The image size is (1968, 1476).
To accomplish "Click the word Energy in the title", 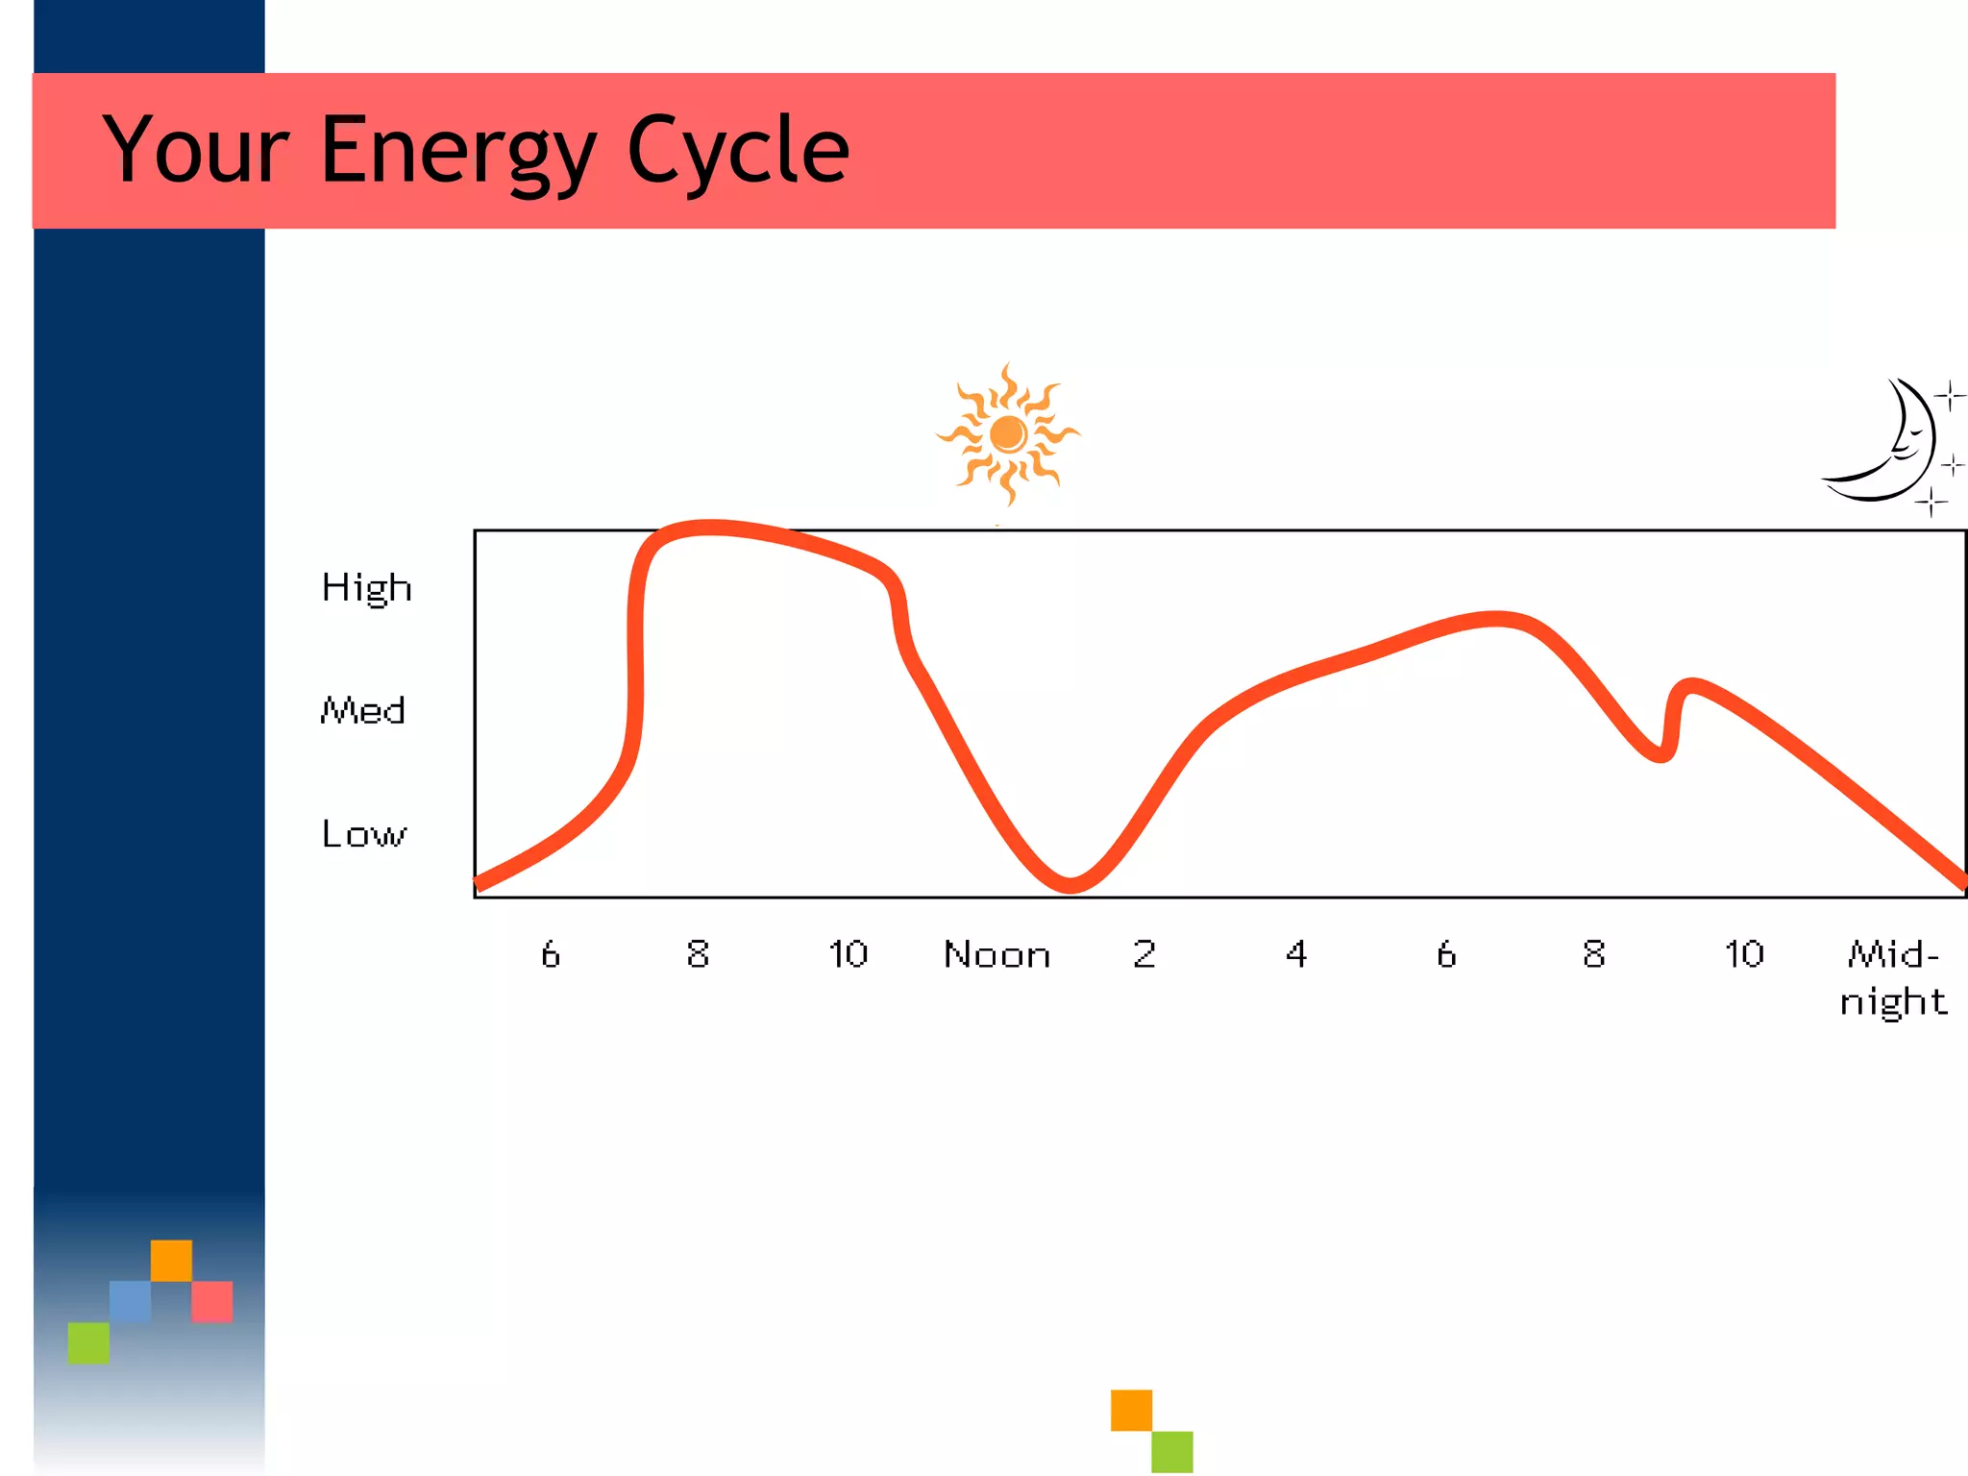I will pos(458,151).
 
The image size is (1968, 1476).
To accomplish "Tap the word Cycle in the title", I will pos(738,151).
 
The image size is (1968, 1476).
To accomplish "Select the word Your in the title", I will pos(196,151).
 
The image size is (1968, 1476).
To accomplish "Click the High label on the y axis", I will pos(366,588).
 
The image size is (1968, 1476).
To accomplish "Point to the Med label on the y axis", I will pos(362,711).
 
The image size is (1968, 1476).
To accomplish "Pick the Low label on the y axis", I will pos(363,834).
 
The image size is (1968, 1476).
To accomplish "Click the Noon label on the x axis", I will pos(996,955).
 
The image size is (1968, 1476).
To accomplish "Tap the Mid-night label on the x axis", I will pos(1892,978).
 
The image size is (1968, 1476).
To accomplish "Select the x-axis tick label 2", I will pos(1144,954).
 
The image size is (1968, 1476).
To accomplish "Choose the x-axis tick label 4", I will pos(1295,954).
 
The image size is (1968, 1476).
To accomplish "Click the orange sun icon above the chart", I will pos(1007,434).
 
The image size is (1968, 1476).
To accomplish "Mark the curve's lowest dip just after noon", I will pos(1070,883).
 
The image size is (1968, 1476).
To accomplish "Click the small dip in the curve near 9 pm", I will pos(1660,754).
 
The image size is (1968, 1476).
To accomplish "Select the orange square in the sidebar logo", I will pos(171,1260).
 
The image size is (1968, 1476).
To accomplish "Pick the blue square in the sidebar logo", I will pos(130,1301).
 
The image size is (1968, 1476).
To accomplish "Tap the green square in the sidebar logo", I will pos(88,1342).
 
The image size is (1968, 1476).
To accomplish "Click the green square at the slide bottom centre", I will pos(1172,1451).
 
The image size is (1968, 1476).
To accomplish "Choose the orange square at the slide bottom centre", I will pos(1131,1410).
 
